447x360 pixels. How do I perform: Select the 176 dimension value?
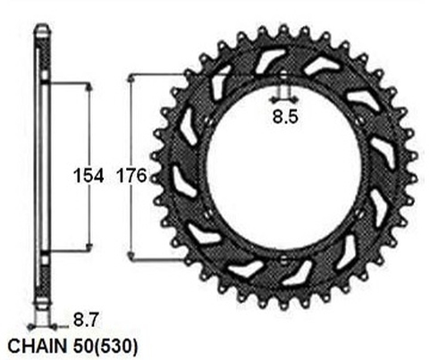click(131, 174)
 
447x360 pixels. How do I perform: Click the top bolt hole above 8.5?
click(283, 80)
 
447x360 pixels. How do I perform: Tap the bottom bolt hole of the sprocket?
click(283, 259)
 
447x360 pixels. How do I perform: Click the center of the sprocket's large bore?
click(283, 169)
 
